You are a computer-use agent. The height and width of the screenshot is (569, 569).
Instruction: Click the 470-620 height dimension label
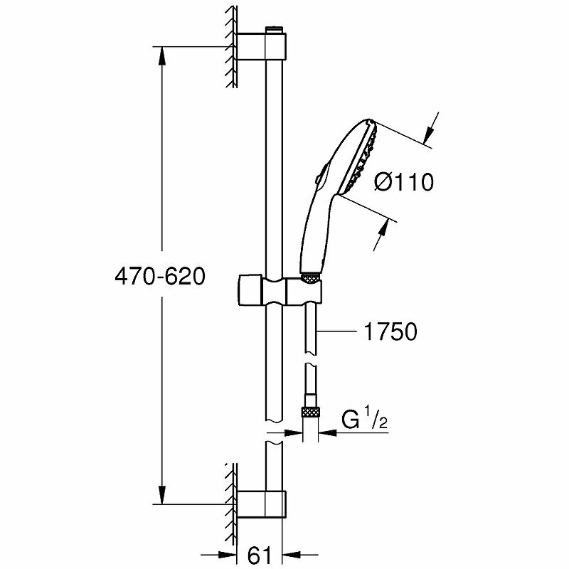160,277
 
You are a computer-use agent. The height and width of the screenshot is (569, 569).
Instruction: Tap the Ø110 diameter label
404,181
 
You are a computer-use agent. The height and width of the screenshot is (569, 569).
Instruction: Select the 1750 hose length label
390,331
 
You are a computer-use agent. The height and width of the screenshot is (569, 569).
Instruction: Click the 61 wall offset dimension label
260,555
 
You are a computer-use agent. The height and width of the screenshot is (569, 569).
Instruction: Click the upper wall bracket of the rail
262,46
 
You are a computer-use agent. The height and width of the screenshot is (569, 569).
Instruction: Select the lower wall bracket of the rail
262,504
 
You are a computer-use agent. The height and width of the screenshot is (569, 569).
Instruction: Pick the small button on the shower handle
317,179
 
